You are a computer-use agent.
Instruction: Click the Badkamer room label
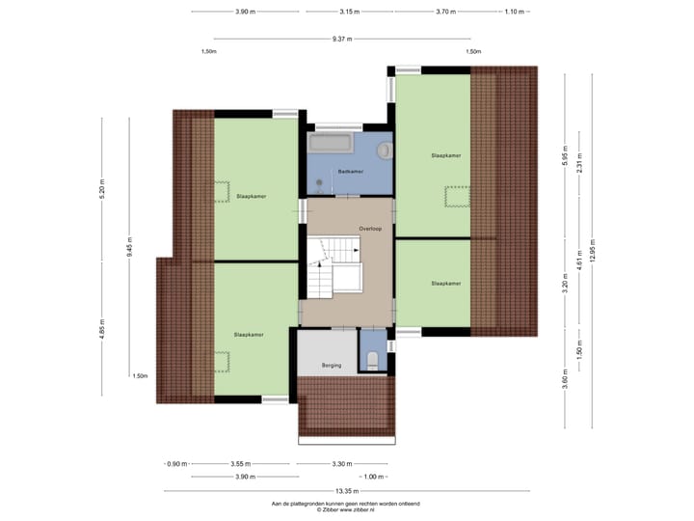coord(350,172)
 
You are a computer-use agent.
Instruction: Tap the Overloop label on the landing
coord(371,229)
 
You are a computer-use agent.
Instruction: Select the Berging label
coord(332,366)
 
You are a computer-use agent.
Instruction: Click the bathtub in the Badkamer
coord(330,145)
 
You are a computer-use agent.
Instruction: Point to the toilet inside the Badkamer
coord(385,150)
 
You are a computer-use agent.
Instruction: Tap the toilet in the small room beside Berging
coord(372,361)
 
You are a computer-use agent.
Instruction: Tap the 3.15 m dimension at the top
coord(349,12)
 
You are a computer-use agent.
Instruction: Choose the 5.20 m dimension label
coord(102,189)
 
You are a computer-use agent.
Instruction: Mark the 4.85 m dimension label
coord(102,330)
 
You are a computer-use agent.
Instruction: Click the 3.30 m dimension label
coord(341,464)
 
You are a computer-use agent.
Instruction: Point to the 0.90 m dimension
coord(177,464)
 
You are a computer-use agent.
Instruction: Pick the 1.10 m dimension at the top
coord(515,12)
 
